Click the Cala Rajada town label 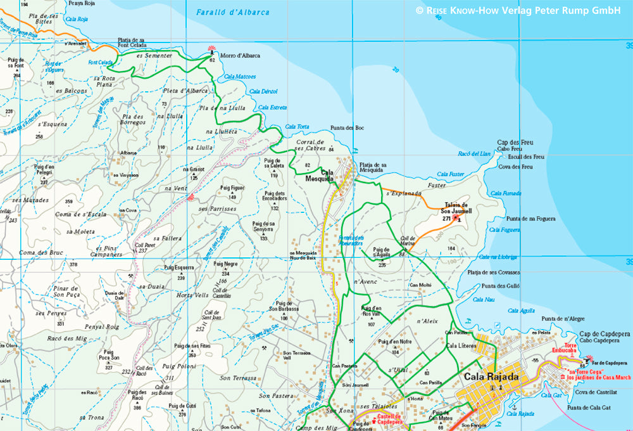click(491, 376)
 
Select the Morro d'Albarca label click(239, 56)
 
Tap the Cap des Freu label click(513, 142)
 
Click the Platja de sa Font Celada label click(132, 42)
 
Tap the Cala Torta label click(298, 127)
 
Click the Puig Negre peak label click(226, 264)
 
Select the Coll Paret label click(145, 247)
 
